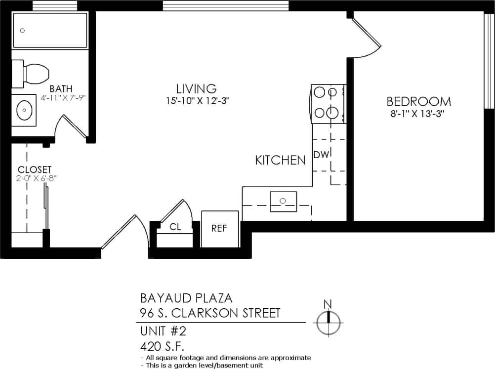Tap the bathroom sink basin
click(24, 111)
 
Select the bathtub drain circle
click(22, 31)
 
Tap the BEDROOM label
click(418, 102)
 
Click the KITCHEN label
click(280, 160)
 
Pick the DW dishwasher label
click(321, 155)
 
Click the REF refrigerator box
click(219, 229)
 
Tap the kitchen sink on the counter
click(283, 201)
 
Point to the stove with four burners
click(328, 104)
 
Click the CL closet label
click(175, 227)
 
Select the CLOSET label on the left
click(35, 169)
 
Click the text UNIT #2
click(163, 329)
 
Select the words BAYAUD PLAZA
click(186, 298)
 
